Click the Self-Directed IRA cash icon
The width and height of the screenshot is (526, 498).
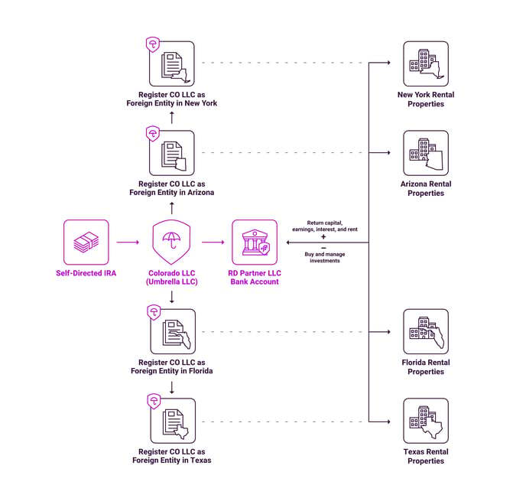[86, 242]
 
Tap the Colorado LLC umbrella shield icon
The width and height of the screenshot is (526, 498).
[172, 242]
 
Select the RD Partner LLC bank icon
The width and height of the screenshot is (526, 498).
[255, 242]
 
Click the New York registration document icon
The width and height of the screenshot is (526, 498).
[173, 64]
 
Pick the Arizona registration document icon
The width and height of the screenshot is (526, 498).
[173, 153]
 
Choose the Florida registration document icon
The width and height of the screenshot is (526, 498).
[173, 331]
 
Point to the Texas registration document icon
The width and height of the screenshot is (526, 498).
[173, 421]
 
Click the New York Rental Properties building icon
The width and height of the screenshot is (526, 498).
[425, 64]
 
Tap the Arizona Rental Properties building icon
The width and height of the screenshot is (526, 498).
[425, 153]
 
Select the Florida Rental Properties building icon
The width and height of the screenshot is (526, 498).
[425, 331]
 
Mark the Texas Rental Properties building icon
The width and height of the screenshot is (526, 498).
[425, 421]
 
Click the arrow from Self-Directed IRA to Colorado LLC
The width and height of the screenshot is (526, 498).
[128, 242]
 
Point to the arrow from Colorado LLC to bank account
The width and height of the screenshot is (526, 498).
[213, 242]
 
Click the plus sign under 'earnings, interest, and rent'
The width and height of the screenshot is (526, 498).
[323, 237]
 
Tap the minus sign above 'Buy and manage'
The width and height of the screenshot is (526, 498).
[323, 248]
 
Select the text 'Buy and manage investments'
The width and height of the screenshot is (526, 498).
[323, 258]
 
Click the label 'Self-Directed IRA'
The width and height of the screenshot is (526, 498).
[86, 273]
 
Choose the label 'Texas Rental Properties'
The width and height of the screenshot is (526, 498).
[425, 457]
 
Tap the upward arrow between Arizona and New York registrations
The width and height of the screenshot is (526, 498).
[172, 118]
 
